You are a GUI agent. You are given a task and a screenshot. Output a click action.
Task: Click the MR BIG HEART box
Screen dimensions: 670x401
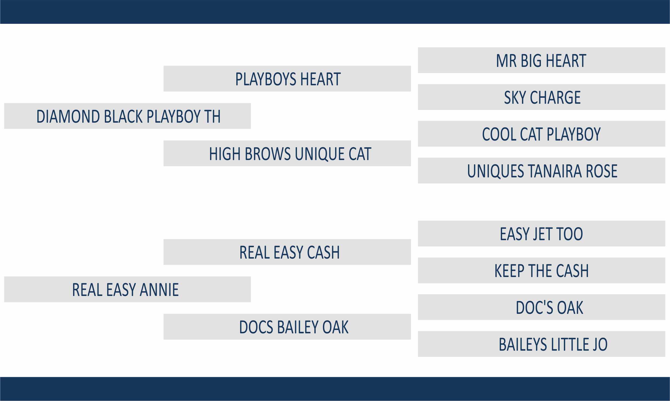tap(541, 60)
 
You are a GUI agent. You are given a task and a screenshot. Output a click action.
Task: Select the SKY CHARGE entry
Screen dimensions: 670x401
tap(541, 97)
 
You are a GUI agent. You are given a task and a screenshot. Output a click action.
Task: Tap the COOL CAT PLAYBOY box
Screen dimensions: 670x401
tap(541, 134)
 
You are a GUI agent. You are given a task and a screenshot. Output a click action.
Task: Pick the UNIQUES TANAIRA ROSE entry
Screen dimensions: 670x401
tap(541, 171)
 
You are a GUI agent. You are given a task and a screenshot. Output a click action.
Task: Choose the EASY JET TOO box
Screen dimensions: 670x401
tap(541, 234)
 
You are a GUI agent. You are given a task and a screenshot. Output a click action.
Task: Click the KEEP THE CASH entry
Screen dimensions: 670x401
tap(541, 270)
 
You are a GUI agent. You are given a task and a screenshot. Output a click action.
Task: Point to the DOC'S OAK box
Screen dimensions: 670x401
tap(541, 307)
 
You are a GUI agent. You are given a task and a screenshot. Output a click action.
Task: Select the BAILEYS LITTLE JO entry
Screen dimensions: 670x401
tap(541, 344)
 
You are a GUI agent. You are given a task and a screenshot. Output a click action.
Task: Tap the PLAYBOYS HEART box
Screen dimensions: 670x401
tap(287, 79)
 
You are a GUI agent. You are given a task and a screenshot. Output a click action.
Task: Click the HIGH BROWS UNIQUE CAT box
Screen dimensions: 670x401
tap(287, 153)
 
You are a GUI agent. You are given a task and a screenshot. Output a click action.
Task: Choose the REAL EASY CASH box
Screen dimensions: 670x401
tap(287, 252)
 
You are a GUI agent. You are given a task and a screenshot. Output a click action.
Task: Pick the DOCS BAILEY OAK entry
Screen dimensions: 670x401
tap(287, 327)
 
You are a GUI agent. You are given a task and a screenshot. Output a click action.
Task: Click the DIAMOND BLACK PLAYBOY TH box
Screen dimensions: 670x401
tap(128, 116)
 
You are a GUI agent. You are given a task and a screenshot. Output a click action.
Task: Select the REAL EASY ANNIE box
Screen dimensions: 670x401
tap(128, 289)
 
